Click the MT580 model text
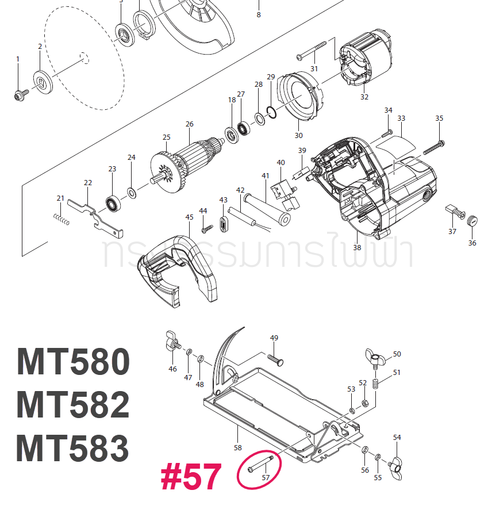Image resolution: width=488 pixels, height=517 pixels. coord(73,362)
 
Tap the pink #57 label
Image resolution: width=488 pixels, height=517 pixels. coord(191,477)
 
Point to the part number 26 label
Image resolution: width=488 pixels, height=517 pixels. coord(189,124)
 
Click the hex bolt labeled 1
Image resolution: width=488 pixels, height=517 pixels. coord(20,94)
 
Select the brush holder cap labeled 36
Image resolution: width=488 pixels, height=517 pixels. coord(472,220)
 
